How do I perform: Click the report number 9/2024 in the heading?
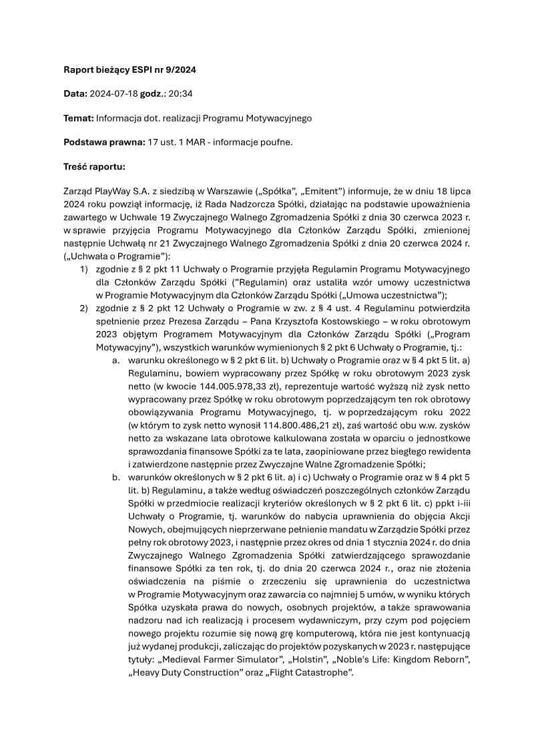[179, 69]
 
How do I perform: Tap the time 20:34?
[179, 93]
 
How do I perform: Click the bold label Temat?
[78, 118]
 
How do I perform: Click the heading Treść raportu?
[94, 167]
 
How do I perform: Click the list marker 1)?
[84, 268]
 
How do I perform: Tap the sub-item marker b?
[115, 477]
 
